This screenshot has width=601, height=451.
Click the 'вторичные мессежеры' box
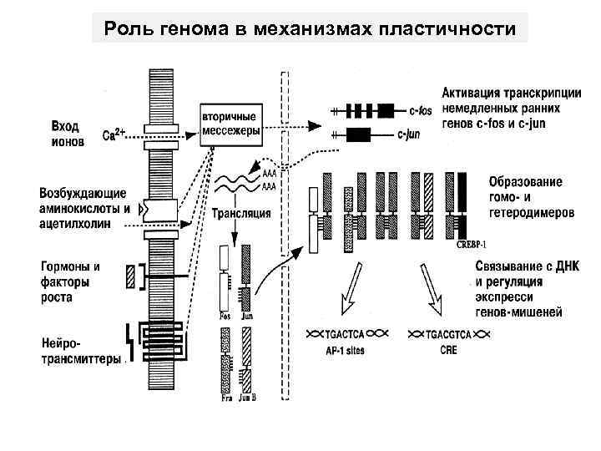tap(230, 124)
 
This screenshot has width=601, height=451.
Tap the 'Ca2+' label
tap(114, 134)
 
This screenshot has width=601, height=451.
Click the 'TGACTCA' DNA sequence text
tap(343, 334)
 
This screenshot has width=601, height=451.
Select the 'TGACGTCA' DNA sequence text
tap(449, 334)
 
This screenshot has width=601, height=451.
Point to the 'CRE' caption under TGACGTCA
tap(447, 352)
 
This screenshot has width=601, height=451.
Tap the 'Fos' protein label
tap(225, 317)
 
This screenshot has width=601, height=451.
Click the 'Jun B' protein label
tap(249, 399)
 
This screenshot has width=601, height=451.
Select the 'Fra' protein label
tap(225, 399)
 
